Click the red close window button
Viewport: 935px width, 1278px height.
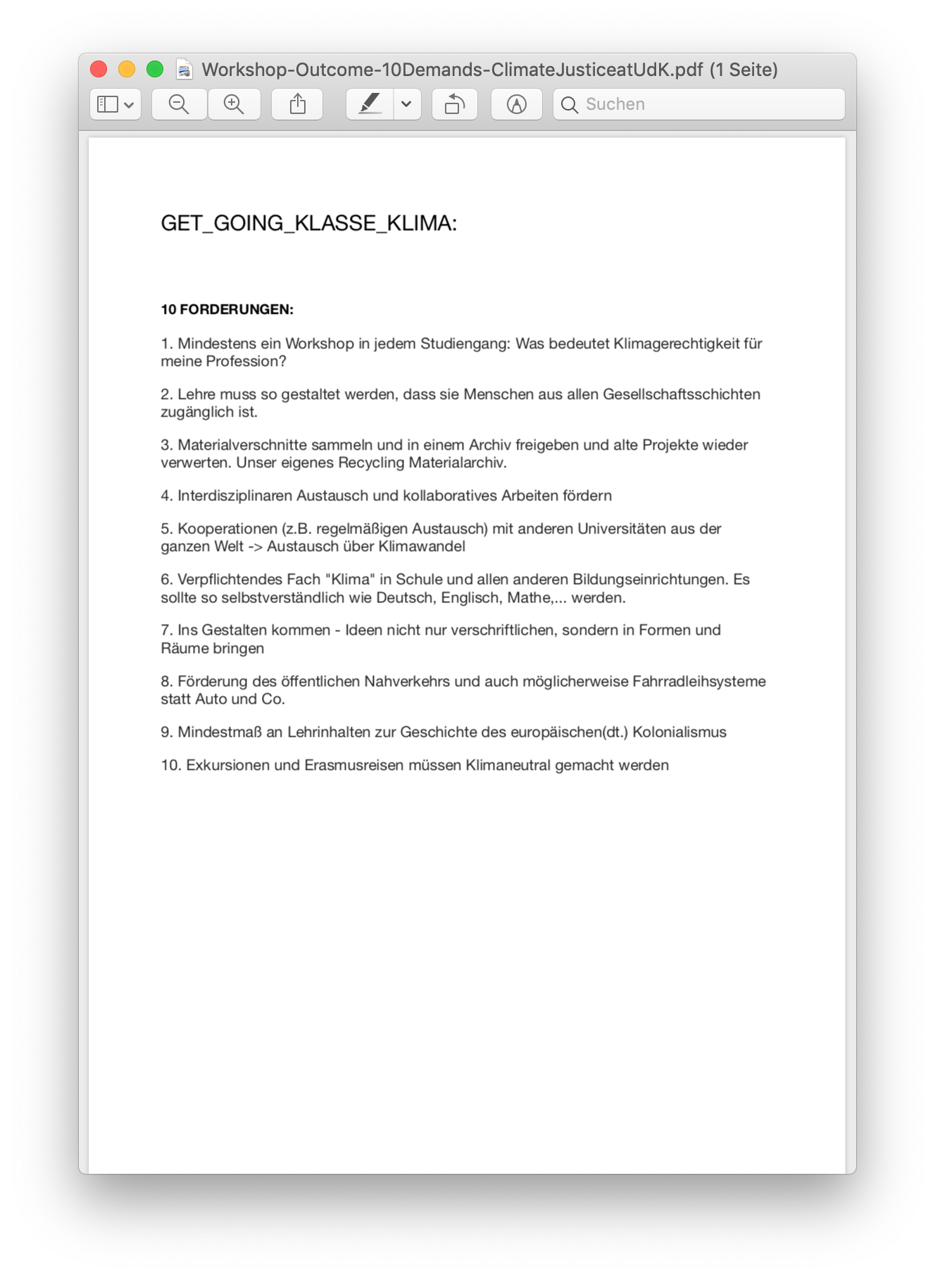pos(99,69)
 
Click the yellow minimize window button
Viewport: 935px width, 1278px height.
pos(127,69)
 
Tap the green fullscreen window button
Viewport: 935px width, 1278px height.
pos(155,69)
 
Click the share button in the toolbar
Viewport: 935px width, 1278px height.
pos(297,104)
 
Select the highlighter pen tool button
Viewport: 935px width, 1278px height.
pos(370,104)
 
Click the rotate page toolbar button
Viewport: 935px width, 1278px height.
pos(454,104)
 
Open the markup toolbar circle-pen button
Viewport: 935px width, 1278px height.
pos(517,104)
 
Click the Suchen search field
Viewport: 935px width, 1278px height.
pos(704,104)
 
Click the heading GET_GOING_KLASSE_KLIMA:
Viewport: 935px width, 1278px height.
pos(308,223)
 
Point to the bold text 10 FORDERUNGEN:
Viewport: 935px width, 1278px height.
pos(227,310)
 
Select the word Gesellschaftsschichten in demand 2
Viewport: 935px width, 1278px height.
pos(681,394)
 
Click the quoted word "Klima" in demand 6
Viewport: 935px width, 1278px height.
pos(349,579)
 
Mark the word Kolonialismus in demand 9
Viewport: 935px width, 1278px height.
pos(679,732)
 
